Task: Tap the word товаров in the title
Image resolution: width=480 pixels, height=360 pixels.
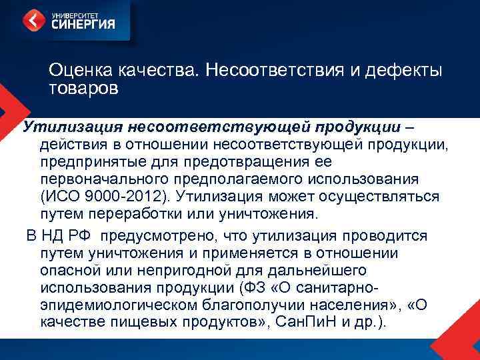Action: [83, 88]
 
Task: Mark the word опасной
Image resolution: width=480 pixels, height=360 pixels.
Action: [72, 271]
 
